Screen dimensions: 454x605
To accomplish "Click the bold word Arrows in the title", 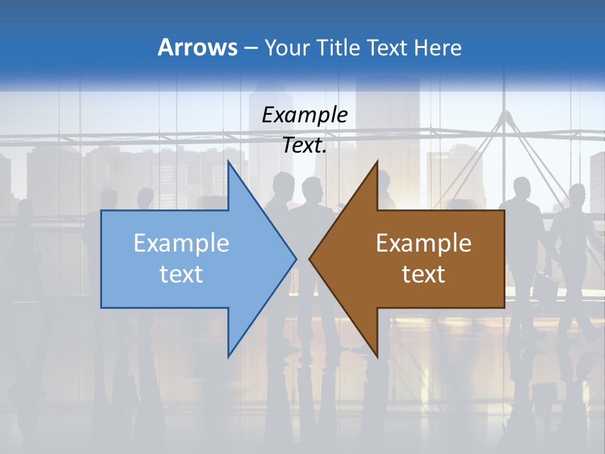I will tap(197, 47).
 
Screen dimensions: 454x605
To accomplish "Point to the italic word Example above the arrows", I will tap(304, 115).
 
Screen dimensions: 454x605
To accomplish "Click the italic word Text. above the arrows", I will tap(304, 146).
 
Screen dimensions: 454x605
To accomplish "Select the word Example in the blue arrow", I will tap(181, 243).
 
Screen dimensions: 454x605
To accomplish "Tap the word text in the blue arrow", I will tap(181, 274).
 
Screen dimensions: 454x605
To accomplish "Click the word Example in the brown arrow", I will tap(423, 243).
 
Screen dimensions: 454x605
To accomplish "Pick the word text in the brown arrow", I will tap(423, 274).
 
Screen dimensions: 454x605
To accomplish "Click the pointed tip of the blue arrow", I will tap(296, 259).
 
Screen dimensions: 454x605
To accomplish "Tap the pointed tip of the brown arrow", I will tap(309, 259).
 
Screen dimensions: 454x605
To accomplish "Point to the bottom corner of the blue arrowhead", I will tap(228, 357).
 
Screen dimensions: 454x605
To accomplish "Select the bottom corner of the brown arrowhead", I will tap(377, 357).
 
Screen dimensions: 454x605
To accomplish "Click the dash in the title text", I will tap(250, 48).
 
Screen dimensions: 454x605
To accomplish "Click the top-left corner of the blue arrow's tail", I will tap(101, 211).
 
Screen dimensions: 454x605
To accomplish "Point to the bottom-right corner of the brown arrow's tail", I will tap(504, 308).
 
